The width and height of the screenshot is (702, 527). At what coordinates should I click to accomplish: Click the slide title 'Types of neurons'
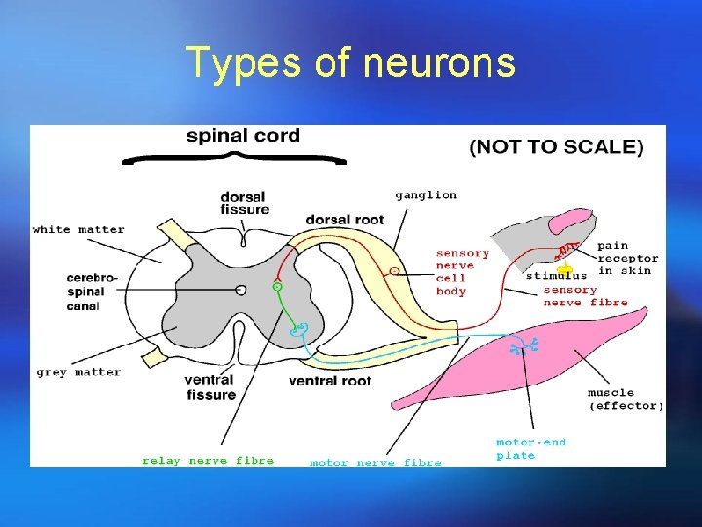pyautogui.click(x=351, y=63)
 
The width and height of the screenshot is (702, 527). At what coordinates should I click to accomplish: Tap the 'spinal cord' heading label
pyautogui.click(x=243, y=136)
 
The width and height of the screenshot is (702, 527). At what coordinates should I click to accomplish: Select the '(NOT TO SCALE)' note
pyautogui.click(x=557, y=147)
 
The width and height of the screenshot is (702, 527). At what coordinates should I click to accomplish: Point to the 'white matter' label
pyautogui.click(x=79, y=230)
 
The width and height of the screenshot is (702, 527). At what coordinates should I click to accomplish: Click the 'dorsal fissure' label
pyautogui.click(x=245, y=203)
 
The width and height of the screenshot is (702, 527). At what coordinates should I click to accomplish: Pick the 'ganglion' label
pyautogui.click(x=426, y=195)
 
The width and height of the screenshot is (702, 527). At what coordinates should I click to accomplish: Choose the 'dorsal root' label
pyautogui.click(x=344, y=220)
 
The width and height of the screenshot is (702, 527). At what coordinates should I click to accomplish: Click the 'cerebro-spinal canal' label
pyautogui.click(x=93, y=293)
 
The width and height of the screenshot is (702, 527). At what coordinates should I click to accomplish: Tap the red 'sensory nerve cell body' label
pyautogui.click(x=462, y=272)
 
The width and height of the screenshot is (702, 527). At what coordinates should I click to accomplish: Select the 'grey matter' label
pyautogui.click(x=78, y=372)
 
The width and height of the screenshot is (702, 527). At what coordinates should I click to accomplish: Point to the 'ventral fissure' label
pyautogui.click(x=210, y=386)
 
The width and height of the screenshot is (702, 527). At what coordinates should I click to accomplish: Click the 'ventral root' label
pyautogui.click(x=330, y=381)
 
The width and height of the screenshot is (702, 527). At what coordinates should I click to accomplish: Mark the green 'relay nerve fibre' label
pyautogui.click(x=208, y=460)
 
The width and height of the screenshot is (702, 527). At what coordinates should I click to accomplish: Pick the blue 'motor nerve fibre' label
pyautogui.click(x=375, y=462)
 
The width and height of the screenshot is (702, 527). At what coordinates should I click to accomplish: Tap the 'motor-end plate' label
pyautogui.click(x=530, y=449)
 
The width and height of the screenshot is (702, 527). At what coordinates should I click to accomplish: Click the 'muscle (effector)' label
pyautogui.click(x=625, y=399)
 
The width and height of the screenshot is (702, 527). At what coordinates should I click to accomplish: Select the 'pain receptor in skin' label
pyautogui.click(x=627, y=258)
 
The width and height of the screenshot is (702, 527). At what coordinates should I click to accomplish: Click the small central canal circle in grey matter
pyautogui.click(x=240, y=289)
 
